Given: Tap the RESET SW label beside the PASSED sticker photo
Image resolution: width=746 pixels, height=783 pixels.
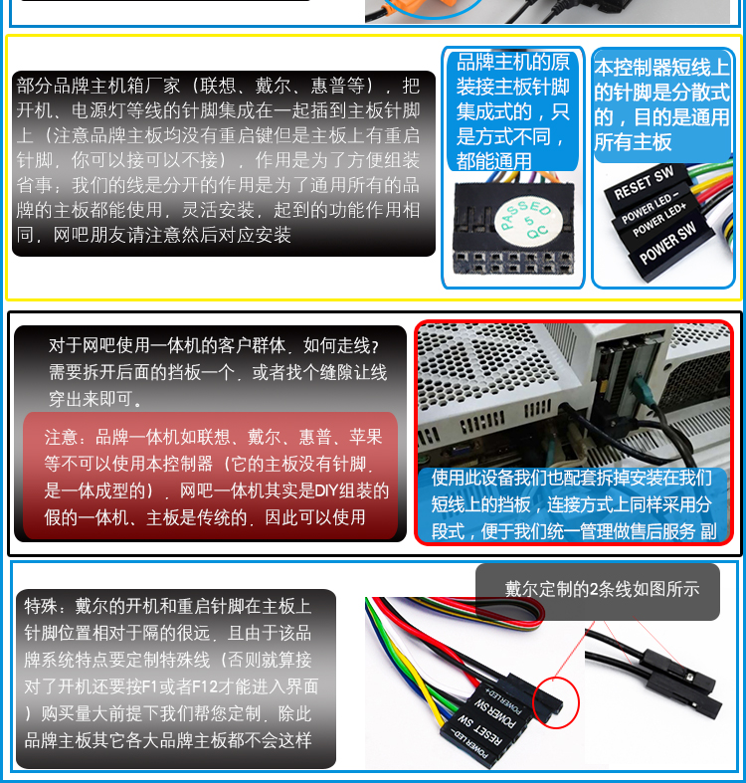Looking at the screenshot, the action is [644, 182].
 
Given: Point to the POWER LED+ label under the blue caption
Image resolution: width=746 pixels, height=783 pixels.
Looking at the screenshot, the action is [659, 220].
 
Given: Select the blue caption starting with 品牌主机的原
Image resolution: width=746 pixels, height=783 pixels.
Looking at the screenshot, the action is [513, 110].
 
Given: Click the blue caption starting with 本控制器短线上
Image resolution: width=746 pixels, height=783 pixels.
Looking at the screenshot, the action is [662, 104].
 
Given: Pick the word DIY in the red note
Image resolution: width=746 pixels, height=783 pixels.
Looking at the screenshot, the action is [326, 490].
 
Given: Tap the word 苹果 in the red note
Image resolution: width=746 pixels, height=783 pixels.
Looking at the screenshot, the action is [365, 438].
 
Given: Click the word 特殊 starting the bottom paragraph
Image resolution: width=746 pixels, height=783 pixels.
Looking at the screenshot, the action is [41, 606].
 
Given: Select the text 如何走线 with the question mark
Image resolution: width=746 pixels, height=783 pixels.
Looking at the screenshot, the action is [341, 345].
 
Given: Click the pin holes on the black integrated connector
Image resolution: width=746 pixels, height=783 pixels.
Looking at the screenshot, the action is [513, 263].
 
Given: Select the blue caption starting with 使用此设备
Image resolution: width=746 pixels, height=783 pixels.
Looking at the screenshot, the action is [574, 504].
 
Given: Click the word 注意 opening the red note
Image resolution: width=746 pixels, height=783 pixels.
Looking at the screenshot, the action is [62, 438].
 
